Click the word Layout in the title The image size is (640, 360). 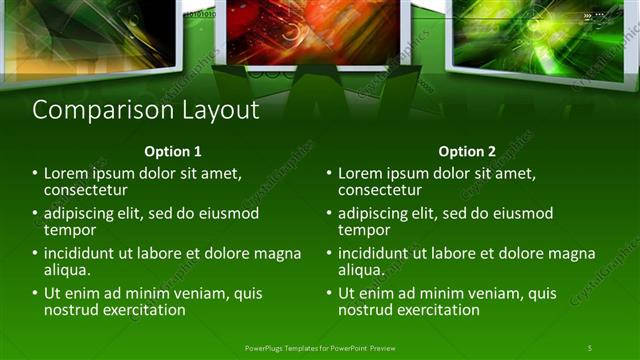[x=219, y=110]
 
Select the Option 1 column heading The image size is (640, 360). [x=173, y=152]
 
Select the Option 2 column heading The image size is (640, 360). [x=467, y=152]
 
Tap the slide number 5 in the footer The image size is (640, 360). [x=590, y=347]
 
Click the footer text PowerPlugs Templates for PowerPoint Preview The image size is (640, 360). [x=319, y=347]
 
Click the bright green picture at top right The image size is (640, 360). [x=530, y=35]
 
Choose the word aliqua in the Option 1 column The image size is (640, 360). [x=67, y=270]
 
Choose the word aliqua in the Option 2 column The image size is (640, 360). [x=361, y=270]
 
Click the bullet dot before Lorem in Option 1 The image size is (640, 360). [x=36, y=174]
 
